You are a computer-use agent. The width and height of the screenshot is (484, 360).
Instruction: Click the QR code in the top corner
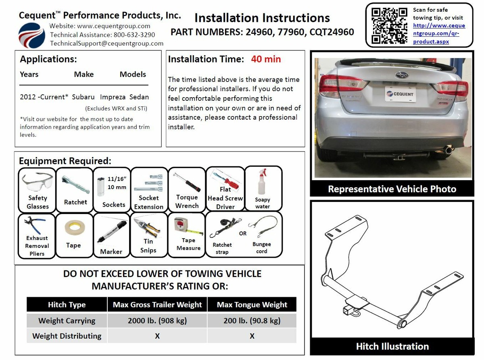pos(389,25)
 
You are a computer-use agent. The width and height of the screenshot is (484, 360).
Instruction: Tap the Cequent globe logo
pos(32,35)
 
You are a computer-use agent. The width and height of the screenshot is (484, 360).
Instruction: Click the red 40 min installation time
pos(266,59)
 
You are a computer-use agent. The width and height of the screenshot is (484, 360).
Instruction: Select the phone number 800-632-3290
pos(134,35)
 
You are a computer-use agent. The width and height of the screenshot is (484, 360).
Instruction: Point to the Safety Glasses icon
pos(38,190)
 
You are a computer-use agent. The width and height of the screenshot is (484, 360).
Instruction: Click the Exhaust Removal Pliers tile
pos(37,235)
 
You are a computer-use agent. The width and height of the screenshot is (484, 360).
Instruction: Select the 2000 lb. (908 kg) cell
pos(157,321)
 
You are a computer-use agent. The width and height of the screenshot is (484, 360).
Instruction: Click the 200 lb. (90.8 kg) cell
pos(252,321)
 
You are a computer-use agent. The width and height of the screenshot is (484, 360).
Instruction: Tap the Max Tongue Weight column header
pos(252,305)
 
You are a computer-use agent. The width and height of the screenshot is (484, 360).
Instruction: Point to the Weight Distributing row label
pos(67,336)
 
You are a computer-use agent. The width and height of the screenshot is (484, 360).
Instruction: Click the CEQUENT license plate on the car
pos(400,94)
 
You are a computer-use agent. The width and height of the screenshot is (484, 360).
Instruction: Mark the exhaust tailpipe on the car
pos(447,150)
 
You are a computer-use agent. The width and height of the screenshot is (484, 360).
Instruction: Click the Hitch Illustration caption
pos(392,346)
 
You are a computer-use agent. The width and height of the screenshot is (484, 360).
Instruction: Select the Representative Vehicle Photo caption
pos(392,189)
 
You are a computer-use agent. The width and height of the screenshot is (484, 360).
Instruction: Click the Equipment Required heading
pos(65,161)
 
